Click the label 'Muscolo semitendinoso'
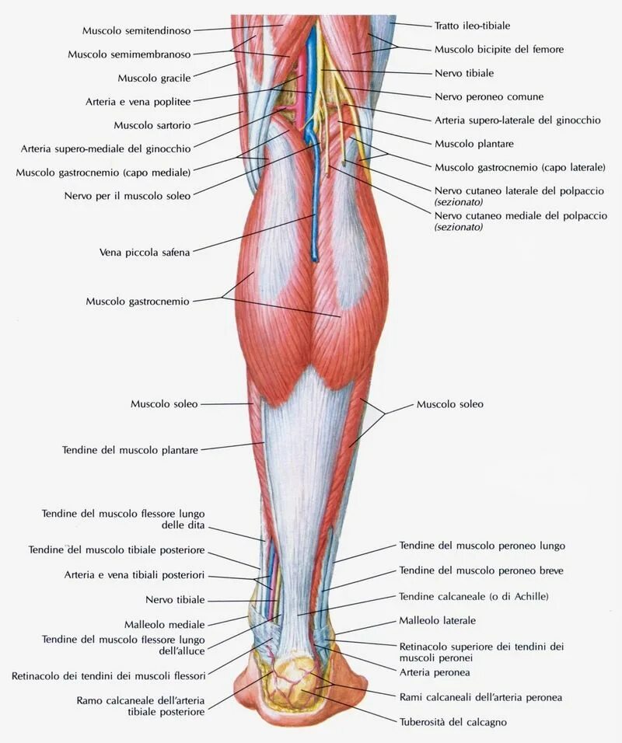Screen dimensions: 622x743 136,30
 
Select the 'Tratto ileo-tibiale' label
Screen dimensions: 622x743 472,26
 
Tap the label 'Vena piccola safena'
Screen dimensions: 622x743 145,252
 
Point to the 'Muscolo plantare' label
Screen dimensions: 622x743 473,144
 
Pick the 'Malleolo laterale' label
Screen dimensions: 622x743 437,621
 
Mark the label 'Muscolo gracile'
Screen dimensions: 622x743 154,78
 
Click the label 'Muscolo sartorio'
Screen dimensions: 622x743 152,124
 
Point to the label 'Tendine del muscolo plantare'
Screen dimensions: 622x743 130,449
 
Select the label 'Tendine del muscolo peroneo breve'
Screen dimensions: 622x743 481,570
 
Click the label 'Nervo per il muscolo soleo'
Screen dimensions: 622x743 127,196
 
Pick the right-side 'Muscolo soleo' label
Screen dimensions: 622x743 449,404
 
